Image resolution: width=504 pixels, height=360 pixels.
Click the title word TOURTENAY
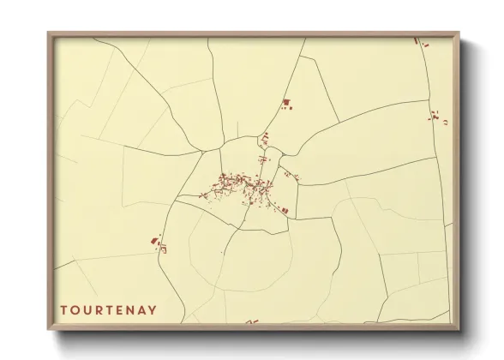point(109,309)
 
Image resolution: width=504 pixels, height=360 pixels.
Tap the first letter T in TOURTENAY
point(63,309)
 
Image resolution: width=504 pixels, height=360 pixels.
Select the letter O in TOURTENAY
point(75,309)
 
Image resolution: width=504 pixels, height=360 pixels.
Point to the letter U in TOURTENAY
point(87,309)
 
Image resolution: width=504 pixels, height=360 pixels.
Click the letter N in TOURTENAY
point(131,309)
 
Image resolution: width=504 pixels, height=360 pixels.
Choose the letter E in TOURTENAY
point(120,309)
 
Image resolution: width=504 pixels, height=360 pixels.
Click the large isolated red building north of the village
point(286,103)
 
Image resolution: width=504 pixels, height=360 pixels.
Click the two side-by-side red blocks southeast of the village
point(283,209)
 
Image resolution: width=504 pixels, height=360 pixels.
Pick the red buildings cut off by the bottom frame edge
point(251,322)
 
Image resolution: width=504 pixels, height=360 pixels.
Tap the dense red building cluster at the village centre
point(240,182)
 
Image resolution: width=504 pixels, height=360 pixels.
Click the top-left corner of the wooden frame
point(49,33)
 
